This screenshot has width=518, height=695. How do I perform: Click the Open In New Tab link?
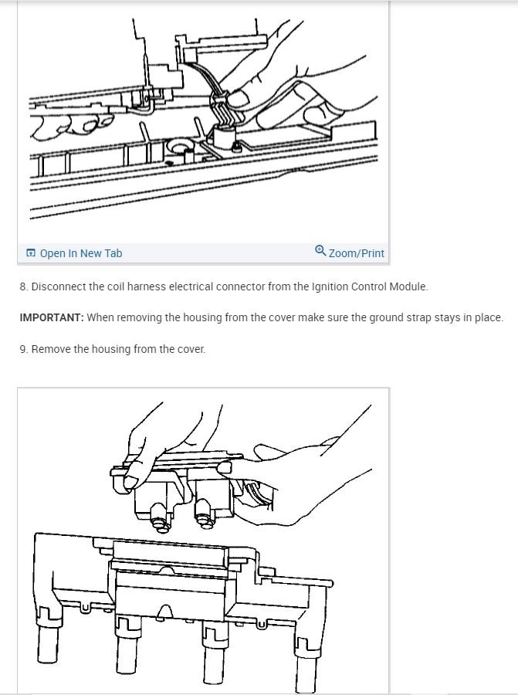pyautogui.click(x=80, y=253)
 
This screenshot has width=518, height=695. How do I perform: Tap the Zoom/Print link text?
pyautogui.click(x=356, y=253)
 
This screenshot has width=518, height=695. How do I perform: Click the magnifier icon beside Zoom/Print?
pyautogui.click(x=320, y=251)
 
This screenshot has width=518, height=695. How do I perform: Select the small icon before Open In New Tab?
pyautogui.click(x=31, y=253)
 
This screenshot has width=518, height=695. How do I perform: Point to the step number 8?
pyautogui.click(x=23, y=286)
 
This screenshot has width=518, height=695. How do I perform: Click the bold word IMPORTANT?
pyautogui.click(x=51, y=317)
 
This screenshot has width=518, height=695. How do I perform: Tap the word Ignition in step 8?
pyautogui.click(x=330, y=286)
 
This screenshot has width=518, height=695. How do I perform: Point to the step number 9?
pyautogui.click(x=23, y=349)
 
